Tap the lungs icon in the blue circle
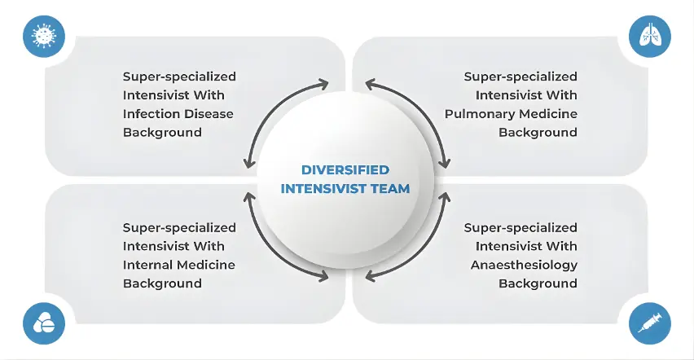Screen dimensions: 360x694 [x=650, y=36]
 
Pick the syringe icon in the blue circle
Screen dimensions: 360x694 [x=650, y=323]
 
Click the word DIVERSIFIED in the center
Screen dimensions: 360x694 [x=345, y=170]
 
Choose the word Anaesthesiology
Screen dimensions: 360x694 [x=525, y=265]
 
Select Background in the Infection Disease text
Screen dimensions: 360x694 [x=162, y=132]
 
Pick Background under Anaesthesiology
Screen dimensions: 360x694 [x=538, y=283]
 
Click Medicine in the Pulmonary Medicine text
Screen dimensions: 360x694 [x=549, y=113]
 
